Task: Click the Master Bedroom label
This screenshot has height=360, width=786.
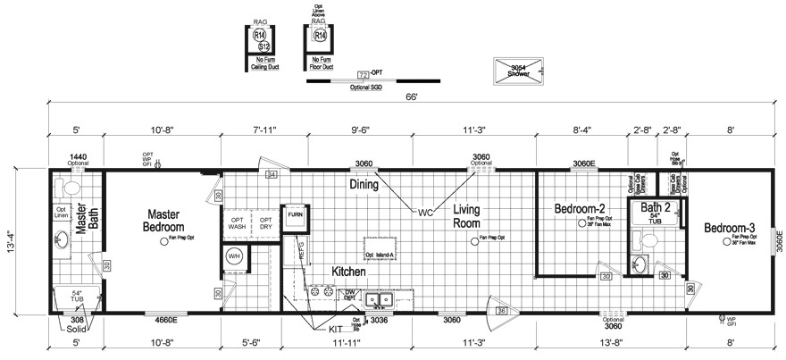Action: coord(163,221)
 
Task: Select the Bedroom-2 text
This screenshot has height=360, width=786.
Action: coord(581,208)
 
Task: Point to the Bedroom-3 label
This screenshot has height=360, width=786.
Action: coord(729,228)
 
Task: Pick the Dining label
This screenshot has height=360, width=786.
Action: coord(364,185)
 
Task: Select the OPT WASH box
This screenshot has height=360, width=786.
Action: coord(237,222)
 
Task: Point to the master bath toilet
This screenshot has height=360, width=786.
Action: coord(62,188)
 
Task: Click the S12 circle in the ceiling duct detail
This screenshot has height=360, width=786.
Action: coord(263,46)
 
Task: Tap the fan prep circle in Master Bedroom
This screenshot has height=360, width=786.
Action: coord(163,241)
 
